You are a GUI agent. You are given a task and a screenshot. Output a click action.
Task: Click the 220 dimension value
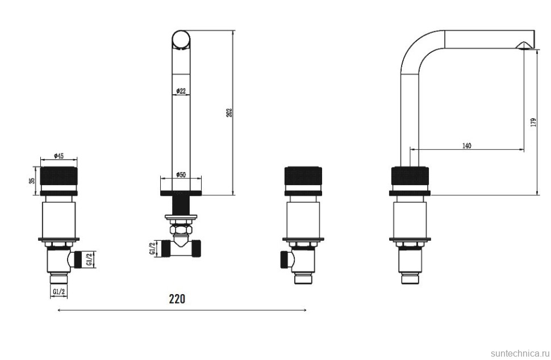pos(177,299)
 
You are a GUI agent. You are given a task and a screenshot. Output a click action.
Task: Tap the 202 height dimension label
pos(229,112)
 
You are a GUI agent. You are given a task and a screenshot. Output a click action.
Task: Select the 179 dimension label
pos(534,122)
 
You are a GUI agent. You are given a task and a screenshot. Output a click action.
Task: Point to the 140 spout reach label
pos(467,145)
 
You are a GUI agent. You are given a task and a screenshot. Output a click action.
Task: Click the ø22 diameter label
pos(181,91)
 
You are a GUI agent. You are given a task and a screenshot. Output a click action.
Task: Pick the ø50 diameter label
pos(181,174)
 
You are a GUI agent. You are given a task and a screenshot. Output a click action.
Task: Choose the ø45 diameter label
pos(59,156)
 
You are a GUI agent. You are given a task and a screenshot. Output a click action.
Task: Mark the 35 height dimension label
pos(32,181)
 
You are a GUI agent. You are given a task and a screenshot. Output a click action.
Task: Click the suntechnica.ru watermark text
pos(519,353)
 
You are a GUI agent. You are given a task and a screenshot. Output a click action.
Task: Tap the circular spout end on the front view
pos(181,39)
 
